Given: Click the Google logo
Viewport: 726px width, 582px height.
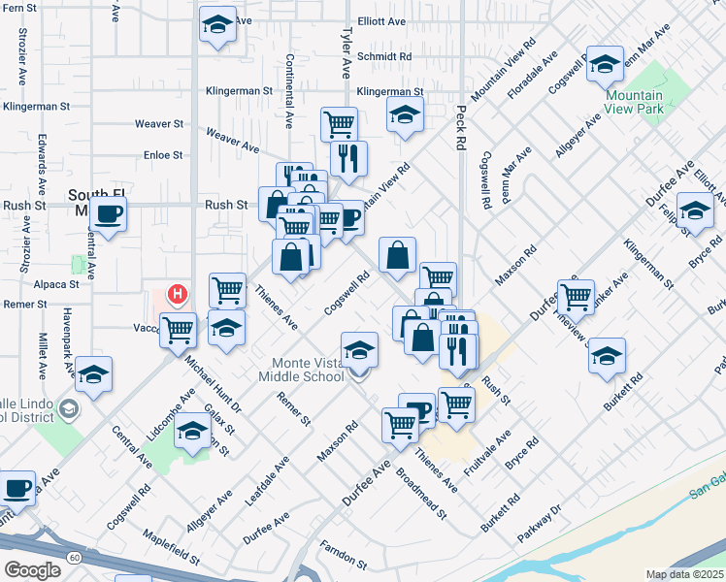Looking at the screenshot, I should coord(33,570).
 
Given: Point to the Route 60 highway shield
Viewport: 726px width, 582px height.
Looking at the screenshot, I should coord(76,556).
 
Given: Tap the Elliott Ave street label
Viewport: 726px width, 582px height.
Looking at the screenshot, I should coord(381,20).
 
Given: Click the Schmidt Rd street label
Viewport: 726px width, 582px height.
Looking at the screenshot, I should coord(384,57).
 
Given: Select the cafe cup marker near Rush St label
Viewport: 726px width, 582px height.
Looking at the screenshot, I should coord(109,212).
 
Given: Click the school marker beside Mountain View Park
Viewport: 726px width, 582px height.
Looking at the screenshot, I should coord(605,64).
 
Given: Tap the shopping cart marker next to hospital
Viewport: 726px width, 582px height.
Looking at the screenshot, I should coord(179,330).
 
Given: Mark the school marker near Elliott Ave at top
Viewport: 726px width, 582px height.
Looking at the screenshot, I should coord(217,25).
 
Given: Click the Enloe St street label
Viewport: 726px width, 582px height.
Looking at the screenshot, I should coord(163,154).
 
